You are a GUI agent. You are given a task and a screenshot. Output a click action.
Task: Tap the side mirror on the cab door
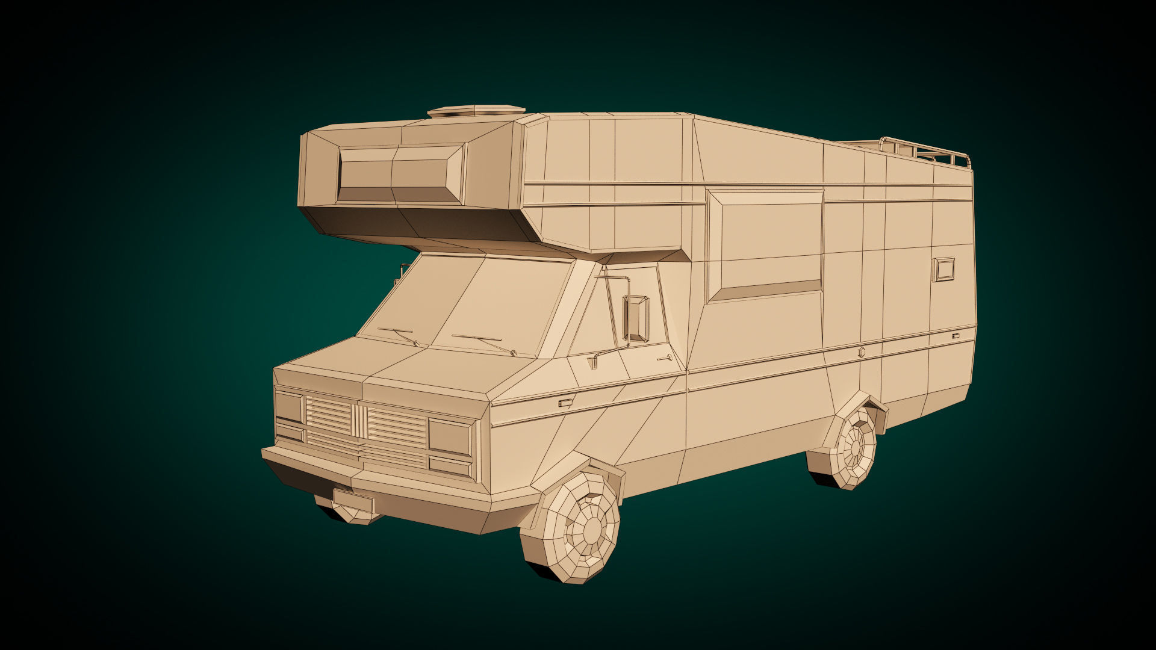tap(636, 318)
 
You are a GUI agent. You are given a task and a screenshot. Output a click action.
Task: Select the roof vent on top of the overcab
tap(476, 112)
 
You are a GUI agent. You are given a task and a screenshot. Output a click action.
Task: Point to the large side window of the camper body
tap(766, 244)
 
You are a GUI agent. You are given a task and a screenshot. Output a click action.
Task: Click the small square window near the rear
tap(943, 269)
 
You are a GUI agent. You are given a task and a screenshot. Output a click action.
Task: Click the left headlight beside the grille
tap(289, 407)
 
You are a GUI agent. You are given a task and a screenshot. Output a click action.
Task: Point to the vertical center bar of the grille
tap(359, 421)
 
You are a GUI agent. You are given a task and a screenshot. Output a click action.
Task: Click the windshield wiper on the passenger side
tap(397, 335)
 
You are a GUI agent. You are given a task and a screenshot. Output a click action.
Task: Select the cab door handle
tap(665, 359)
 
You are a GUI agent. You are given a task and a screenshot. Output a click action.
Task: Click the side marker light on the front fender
tap(565, 403)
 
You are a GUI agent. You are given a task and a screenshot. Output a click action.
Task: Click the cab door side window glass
tap(602, 319)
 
